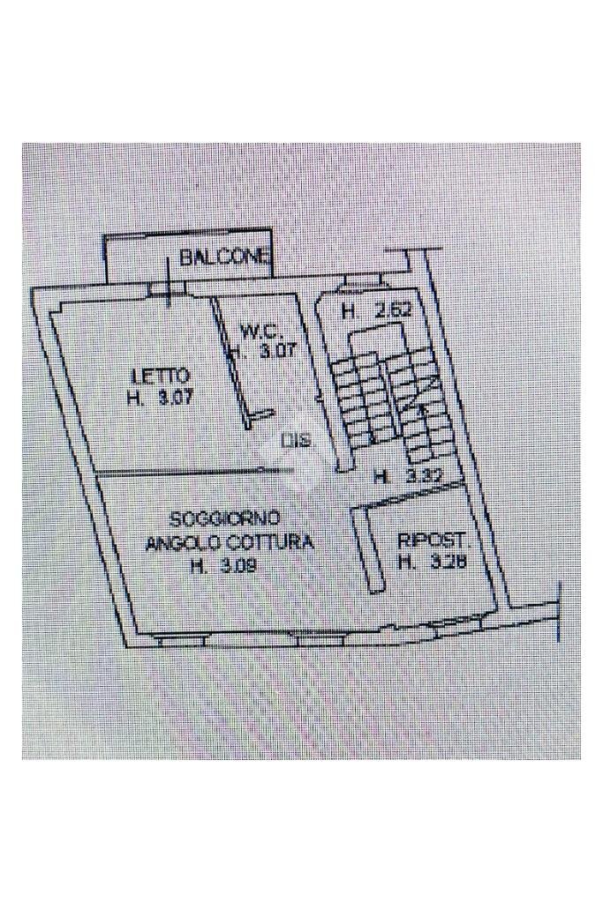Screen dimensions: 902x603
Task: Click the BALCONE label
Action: pos(225,258)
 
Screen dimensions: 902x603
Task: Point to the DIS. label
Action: pos(298,441)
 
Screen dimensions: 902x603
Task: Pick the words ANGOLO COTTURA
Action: pos(230,543)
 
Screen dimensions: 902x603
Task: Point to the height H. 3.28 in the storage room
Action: pos(432,563)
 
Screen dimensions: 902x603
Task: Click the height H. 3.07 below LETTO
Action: pos(160,398)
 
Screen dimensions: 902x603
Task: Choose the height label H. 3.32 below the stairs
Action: pos(407,478)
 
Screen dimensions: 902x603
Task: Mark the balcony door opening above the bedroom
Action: pos(168,289)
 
